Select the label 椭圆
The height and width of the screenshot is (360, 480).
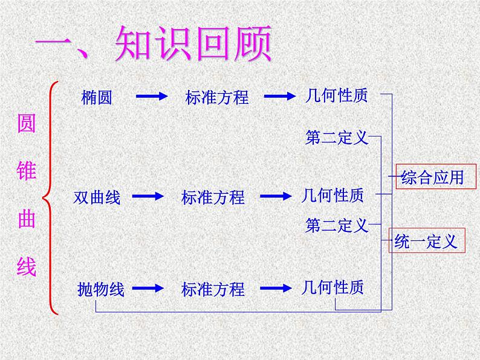point(96,97)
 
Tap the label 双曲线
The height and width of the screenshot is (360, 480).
point(97,197)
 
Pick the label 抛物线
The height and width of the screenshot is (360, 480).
point(101,290)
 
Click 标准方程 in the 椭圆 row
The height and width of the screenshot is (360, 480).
point(217,97)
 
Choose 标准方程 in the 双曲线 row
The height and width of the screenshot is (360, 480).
point(213,197)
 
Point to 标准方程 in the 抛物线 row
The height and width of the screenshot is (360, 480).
point(213,290)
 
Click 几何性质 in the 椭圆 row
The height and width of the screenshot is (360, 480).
point(337,95)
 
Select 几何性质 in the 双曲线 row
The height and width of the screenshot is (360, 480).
point(333,195)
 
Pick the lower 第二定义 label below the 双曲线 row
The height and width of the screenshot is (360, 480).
point(337,226)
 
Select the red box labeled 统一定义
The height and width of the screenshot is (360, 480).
point(426,241)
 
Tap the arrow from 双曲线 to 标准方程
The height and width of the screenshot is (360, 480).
point(147,196)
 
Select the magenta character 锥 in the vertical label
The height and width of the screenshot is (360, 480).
point(27,171)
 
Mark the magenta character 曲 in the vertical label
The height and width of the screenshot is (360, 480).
point(27,219)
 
